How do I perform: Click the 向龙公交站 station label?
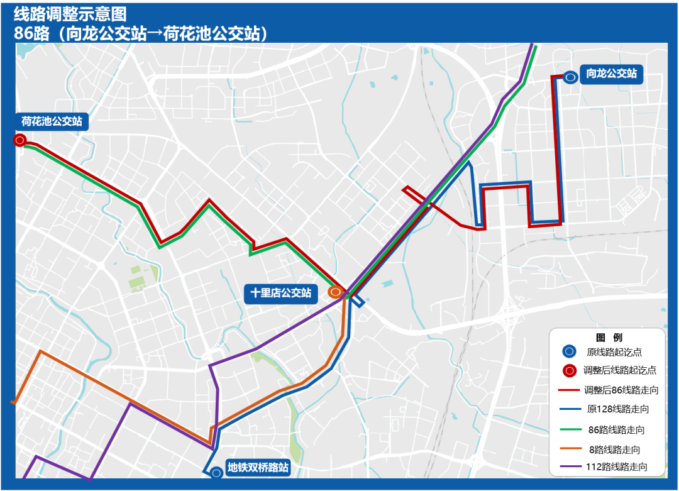tap(612, 74)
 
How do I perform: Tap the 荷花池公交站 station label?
tap(52, 121)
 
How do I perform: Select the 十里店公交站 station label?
tap(281, 293)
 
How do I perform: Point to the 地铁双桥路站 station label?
tap(258, 468)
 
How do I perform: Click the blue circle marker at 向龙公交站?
tap(570, 77)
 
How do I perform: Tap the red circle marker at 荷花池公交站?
tap(19, 140)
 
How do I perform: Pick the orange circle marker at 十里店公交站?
tap(336, 292)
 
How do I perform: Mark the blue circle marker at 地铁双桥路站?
tap(216, 472)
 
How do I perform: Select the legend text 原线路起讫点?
tap(615, 352)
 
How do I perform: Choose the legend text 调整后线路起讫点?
tap(620, 370)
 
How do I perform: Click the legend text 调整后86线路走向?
tap(621, 390)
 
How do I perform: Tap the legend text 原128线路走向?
tap(617, 409)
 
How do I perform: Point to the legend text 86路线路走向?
tap(616, 430)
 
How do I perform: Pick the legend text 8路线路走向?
tap(615, 449)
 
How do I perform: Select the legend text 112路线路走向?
tap(616, 468)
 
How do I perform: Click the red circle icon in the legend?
tap(569, 371)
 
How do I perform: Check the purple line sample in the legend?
tap(569, 468)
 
